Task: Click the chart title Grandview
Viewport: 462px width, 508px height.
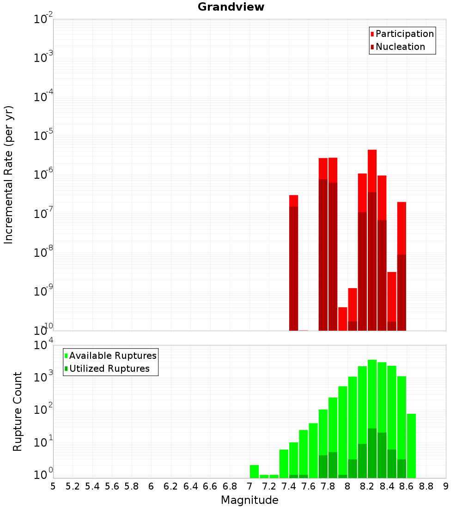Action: (231, 7)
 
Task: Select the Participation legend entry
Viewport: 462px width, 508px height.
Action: (404, 34)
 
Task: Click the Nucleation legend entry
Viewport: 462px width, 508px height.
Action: (400, 47)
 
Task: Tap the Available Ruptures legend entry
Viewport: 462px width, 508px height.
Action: (112, 356)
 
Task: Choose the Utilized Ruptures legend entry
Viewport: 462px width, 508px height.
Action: (109, 369)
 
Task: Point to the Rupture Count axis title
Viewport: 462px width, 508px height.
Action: (18, 411)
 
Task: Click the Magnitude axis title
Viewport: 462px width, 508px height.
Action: (249, 500)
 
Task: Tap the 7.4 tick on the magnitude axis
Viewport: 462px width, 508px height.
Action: (289, 486)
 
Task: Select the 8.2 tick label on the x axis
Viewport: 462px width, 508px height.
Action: (367, 486)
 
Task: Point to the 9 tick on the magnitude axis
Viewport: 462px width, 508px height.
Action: (446, 486)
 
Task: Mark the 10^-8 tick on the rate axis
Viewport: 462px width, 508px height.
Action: (43, 253)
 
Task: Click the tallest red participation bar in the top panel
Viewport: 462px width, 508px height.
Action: (372, 171)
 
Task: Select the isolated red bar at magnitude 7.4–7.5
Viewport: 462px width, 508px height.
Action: (293, 201)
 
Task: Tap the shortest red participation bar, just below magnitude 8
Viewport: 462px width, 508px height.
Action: (342, 319)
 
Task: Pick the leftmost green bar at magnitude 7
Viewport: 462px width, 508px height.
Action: (254, 471)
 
